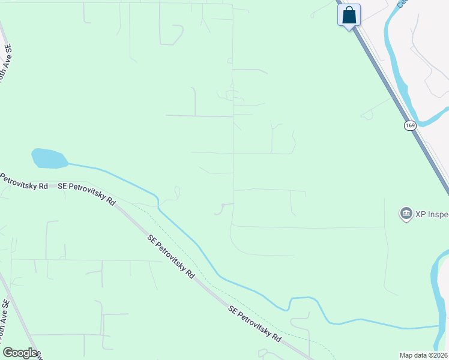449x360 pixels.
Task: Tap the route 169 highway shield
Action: (x=410, y=125)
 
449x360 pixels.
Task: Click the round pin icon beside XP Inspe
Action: (x=406, y=213)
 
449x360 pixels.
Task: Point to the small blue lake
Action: (x=49, y=158)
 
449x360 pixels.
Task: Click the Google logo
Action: (x=20, y=353)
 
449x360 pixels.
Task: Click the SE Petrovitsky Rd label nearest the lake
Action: (x=87, y=193)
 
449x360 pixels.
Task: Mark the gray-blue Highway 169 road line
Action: (x=390, y=90)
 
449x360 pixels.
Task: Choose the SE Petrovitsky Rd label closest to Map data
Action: (x=255, y=324)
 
